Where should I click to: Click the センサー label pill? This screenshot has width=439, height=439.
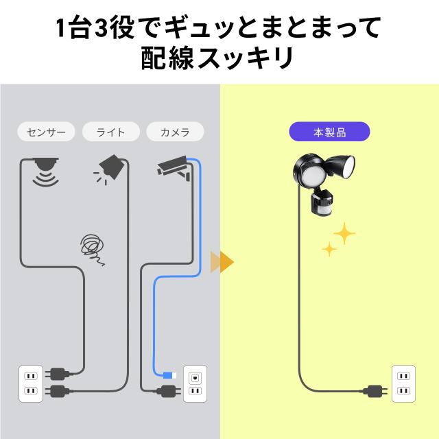(x=46, y=132)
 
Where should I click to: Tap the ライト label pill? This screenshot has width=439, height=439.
(x=111, y=132)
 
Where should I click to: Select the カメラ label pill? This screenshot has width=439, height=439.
(x=176, y=132)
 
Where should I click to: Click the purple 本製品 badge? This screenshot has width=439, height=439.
(x=329, y=132)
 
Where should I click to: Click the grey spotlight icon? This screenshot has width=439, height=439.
(x=110, y=169)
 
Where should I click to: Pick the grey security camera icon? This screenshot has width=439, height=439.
(x=174, y=167)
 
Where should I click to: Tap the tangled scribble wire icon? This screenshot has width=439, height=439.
(x=93, y=248)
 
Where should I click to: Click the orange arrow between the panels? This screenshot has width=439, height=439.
(x=222, y=262)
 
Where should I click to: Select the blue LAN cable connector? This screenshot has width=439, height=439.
(x=169, y=375)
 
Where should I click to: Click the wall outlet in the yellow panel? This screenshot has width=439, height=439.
(x=403, y=383)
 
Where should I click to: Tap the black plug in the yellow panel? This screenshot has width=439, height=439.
(x=375, y=391)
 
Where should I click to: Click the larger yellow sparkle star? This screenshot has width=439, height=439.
(x=344, y=233)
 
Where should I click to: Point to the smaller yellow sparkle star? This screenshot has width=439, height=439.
(x=329, y=249)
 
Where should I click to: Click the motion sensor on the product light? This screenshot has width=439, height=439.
(x=322, y=202)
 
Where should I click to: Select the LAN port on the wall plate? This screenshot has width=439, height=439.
(x=195, y=378)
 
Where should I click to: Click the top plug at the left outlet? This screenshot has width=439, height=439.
(x=58, y=374)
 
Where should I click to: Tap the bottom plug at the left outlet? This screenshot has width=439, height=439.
(x=58, y=391)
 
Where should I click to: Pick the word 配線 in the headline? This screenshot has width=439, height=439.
(x=167, y=58)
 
